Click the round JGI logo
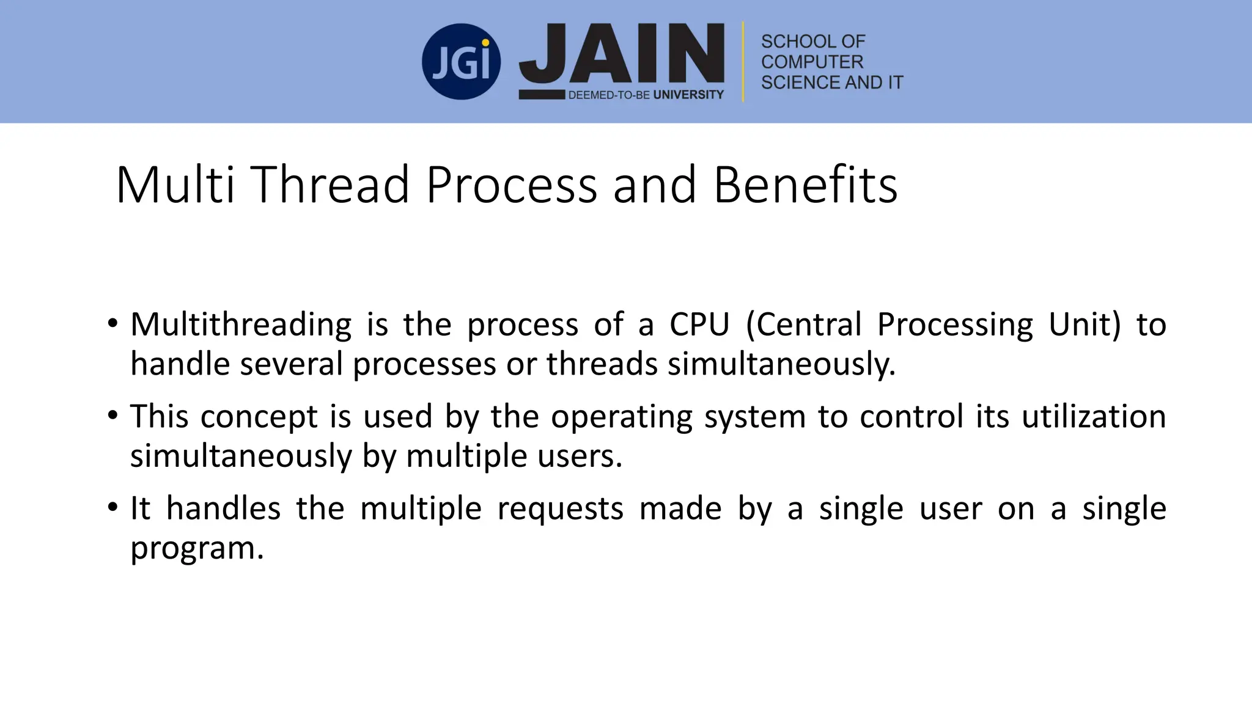coord(461,62)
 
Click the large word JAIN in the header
coord(622,54)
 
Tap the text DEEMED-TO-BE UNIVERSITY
coord(646,95)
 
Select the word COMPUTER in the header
coord(812,62)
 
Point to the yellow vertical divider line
coord(743,62)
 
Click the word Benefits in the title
coord(805,185)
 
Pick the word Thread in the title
coord(330,185)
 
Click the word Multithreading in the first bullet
coord(241,324)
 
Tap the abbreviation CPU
coord(699,324)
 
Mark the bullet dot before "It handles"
coord(112,507)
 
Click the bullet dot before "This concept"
coord(112,416)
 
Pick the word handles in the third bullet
coord(223,508)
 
